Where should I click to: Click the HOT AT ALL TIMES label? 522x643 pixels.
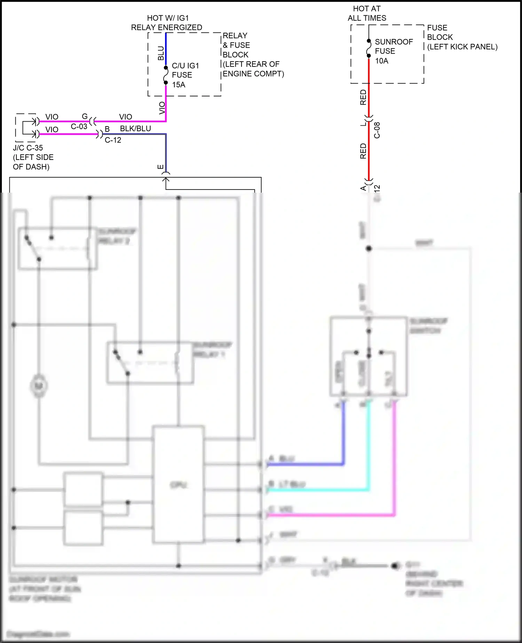pyautogui.click(x=367, y=13)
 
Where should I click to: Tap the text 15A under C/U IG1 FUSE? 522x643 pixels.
pyautogui.click(x=179, y=85)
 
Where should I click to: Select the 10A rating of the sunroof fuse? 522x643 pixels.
pyautogui.click(x=381, y=61)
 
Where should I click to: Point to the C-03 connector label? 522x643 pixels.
pyautogui.click(x=79, y=126)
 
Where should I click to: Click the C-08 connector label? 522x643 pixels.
pyautogui.click(x=377, y=130)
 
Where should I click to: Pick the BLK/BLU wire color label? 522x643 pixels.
pyautogui.click(x=135, y=129)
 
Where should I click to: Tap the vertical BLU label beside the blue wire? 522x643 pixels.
pyautogui.click(x=161, y=53)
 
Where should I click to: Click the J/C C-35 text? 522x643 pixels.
pyautogui.click(x=28, y=148)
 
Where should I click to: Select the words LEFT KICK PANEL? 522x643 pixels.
pyautogui.click(x=462, y=47)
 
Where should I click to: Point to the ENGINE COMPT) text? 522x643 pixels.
pyautogui.click(x=253, y=74)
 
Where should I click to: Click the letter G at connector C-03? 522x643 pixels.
pyautogui.click(x=85, y=116)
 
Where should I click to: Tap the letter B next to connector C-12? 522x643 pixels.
pyautogui.click(x=107, y=129)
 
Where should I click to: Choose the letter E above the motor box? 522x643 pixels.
pyautogui.click(x=160, y=167)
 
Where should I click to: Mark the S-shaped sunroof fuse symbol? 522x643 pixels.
pyautogui.click(x=369, y=48)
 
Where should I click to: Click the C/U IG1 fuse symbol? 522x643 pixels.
pyautogui.click(x=166, y=75)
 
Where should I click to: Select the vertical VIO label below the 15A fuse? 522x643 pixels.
pyautogui.click(x=162, y=108)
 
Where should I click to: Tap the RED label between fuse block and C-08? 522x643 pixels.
pyautogui.click(x=363, y=98)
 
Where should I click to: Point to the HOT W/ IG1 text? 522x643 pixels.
pyautogui.click(x=168, y=18)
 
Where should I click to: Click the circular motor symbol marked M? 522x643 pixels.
pyautogui.click(x=39, y=386)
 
